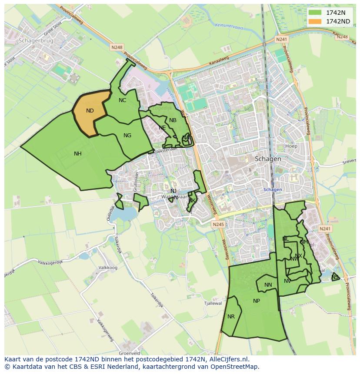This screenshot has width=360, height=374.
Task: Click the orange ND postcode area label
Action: coord(90,111)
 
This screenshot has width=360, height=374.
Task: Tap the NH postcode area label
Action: coord(77,153)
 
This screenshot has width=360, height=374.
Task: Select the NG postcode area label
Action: coord(127,136)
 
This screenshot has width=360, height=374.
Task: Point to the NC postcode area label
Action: coord(122,100)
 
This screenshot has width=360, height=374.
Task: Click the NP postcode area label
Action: coord(256,301)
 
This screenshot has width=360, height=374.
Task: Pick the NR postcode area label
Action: coord(231,317)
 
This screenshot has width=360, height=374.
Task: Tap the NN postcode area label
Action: coord(268,285)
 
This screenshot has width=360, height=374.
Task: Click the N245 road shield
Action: coord(218,224)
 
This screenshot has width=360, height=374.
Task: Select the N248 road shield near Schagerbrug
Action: coord(117,47)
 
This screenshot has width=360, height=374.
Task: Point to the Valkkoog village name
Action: coord(108,268)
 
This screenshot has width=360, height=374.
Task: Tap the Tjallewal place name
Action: coord(213,304)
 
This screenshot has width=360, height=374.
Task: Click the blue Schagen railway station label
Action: coord(273,189)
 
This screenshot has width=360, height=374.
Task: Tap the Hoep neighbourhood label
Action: coord(291,146)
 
